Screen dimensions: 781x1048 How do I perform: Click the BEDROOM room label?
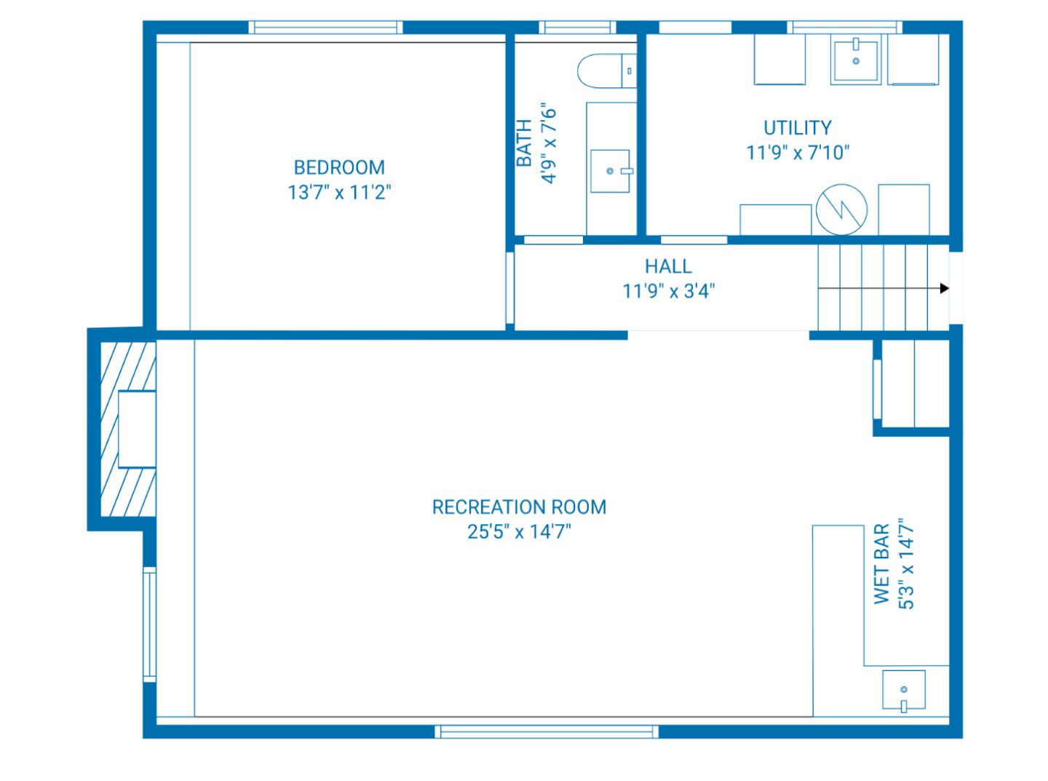[x=339, y=167]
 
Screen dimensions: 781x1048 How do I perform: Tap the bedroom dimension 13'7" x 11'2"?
[x=339, y=193]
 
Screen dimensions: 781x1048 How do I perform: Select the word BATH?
[x=524, y=144]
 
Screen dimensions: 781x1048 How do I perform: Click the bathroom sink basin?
[x=610, y=171]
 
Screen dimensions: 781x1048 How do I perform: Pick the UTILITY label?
[x=797, y=128]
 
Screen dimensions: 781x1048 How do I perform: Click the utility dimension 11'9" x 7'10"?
[x=798, y=153]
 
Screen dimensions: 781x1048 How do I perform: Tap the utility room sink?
[x=856, y=60]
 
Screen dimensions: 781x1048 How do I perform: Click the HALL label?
[x=668, y=266]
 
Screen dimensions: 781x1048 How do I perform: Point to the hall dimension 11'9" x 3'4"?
[x=668, y=292]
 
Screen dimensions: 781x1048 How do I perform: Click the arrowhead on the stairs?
[x=944, y=288]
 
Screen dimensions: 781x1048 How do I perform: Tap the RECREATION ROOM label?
[x=519, y=507]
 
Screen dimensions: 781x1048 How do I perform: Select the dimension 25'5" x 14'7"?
[x=519, y=532]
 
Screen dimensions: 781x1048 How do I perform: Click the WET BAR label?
[x=881, y=564]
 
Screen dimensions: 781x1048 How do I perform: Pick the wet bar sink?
[x=904, y=690]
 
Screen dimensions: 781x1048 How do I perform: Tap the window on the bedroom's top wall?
[x=325, y=28]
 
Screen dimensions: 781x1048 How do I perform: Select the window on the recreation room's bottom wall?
[x=547, y=731]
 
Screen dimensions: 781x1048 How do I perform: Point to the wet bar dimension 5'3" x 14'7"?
[x=906, y=564]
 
